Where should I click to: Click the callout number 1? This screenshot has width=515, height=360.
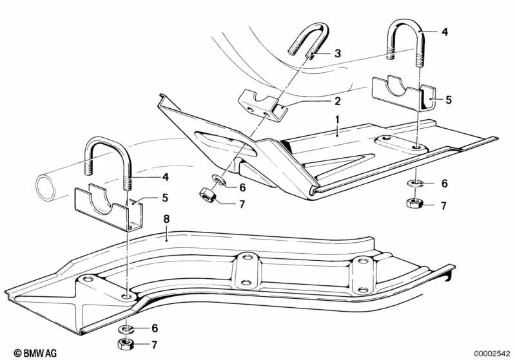(336, 120)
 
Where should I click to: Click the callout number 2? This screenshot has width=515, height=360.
(337, 101)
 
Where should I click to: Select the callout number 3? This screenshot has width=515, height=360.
(337, 53)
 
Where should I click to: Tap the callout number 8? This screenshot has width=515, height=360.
(166, 220)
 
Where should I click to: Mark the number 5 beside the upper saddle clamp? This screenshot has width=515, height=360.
(449, 100)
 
